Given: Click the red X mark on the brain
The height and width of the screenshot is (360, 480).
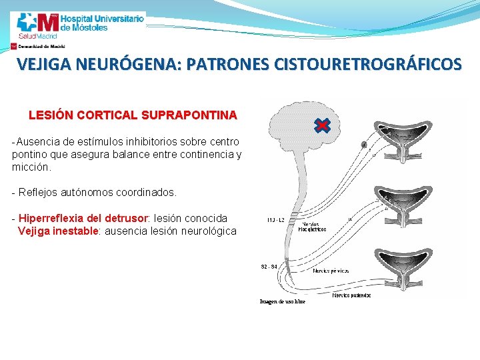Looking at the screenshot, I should point(321,125).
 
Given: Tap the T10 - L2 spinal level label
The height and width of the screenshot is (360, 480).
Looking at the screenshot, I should point(275,219).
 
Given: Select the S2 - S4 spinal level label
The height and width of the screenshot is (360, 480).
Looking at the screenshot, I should point(269,267).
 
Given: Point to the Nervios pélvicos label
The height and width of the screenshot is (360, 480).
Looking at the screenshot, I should point(331,271).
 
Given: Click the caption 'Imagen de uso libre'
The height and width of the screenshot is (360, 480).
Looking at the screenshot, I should point(282,302).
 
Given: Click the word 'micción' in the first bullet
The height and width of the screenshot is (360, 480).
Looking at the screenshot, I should point(31,167).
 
